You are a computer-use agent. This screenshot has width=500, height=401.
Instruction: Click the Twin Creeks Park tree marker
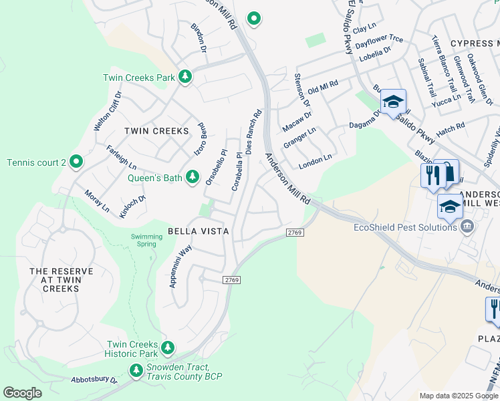pos(185,78)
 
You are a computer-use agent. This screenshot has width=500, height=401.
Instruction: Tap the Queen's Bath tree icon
pos(193,177)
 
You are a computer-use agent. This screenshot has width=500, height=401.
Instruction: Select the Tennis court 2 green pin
pos(76,162)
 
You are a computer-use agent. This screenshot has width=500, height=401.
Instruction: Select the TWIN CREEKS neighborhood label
pos(157,131)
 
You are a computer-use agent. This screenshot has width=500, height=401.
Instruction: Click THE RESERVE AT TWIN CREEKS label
pos(61,280)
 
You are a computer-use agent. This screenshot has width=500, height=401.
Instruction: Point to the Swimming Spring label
pos(146,241)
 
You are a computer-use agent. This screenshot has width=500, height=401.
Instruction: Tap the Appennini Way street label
pos(180,266)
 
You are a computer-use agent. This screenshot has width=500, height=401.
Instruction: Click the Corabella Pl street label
pos(237,171)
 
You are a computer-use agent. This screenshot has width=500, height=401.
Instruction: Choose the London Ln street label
pos(315,160)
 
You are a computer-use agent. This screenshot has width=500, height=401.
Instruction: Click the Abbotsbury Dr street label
pos(94,380)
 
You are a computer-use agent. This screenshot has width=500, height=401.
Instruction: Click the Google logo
pos(22,393)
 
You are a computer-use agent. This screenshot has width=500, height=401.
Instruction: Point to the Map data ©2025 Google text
pos(458,396)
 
